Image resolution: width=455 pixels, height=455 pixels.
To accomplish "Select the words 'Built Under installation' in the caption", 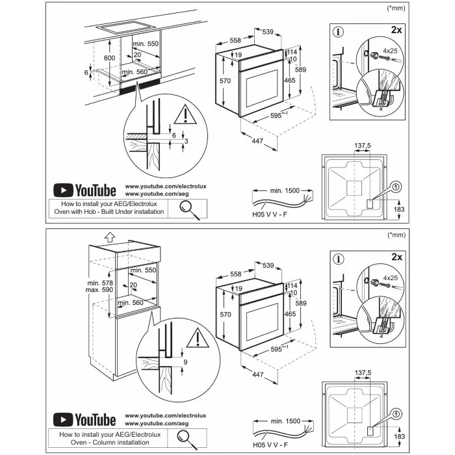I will click(x=128, y=212).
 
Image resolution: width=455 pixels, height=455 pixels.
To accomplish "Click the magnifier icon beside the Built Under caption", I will click(x=188, y=207).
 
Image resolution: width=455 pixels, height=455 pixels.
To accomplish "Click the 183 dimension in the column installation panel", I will click(x=400, y=436).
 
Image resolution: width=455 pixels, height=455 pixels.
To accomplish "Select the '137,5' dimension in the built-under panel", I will click(x=363, y=146).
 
